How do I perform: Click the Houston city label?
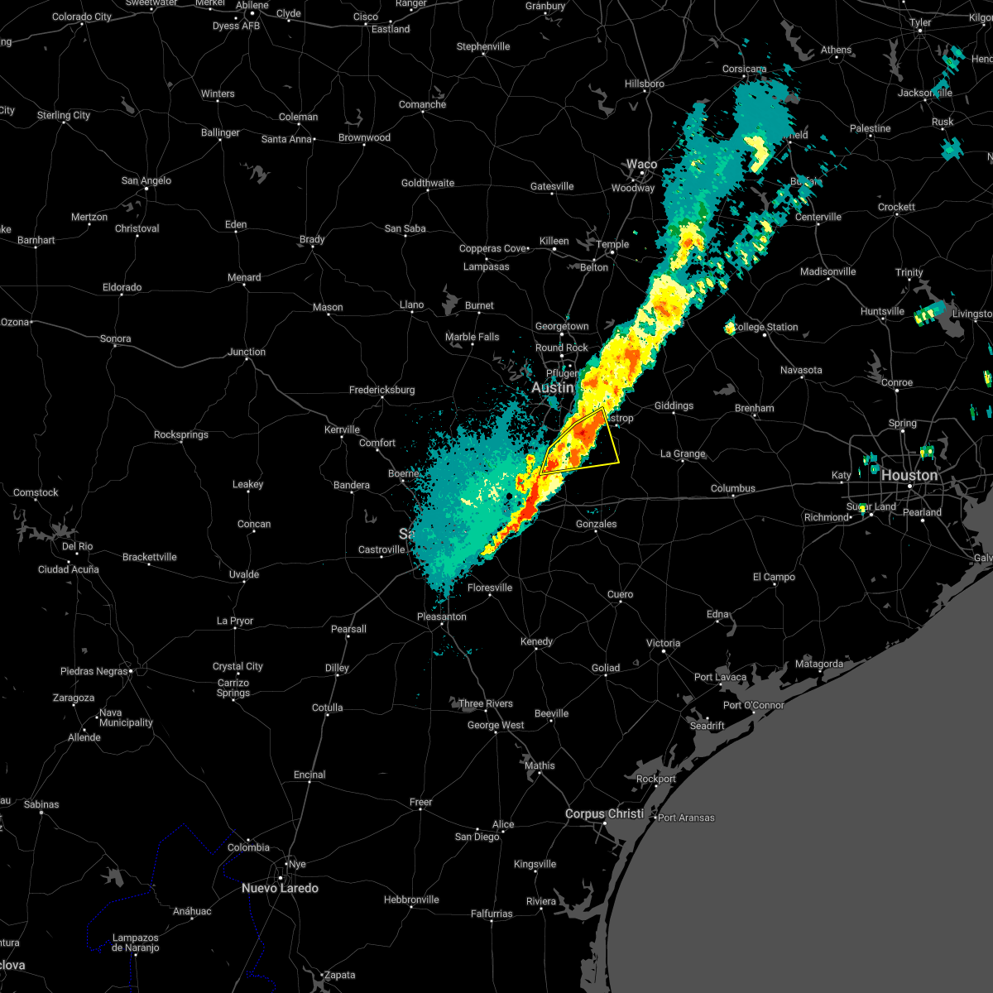[909, 476]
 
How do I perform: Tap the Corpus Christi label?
[604, 813]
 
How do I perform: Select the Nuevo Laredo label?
[280, 888]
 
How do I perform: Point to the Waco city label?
[641, 164]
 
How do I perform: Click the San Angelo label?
[146, 180]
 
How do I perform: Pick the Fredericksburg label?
[382, 390]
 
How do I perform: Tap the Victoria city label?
[663, 643]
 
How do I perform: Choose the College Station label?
[765, 327]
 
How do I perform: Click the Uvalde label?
[244, 574]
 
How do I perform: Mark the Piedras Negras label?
[94, 671]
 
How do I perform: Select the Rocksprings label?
[181, 434]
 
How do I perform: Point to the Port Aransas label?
[686, 818]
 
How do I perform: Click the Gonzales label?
[597, 524]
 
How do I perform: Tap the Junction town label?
[247, 352]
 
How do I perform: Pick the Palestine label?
[870, 128]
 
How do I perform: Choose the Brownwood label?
[364, 137]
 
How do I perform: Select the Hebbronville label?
[411, 899]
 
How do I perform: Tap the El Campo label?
[774, 577]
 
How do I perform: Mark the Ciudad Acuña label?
[69, 569]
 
